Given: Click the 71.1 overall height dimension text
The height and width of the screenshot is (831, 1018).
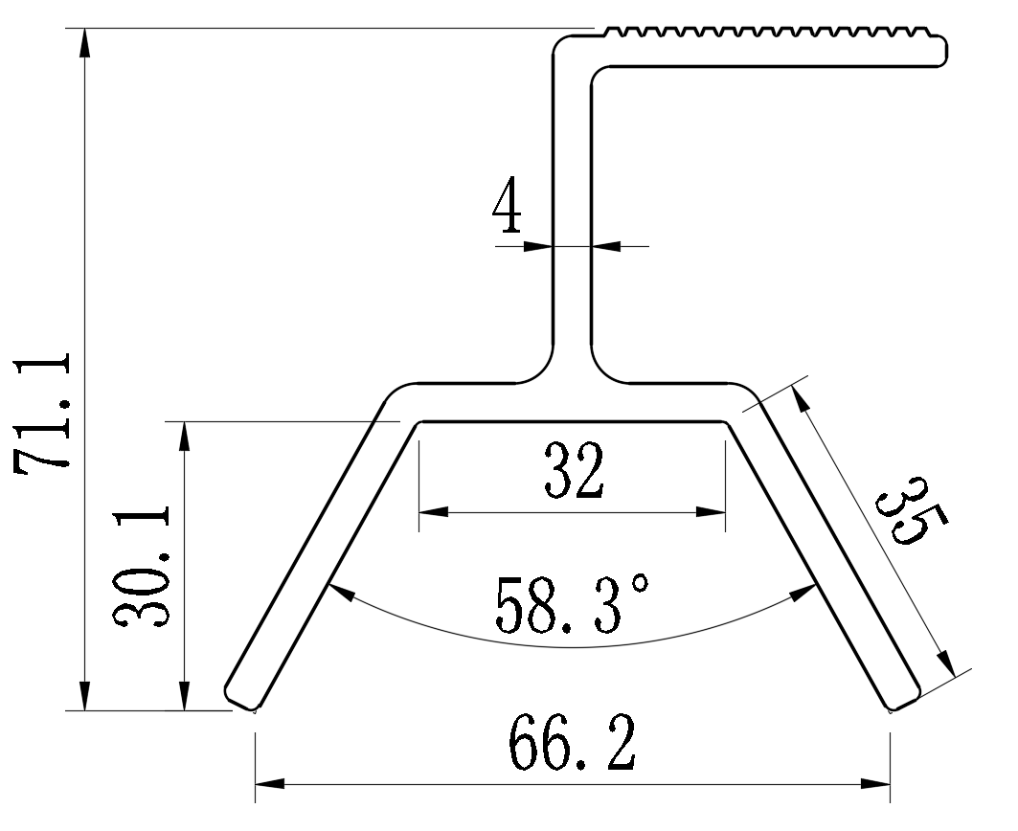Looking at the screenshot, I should (43, 410).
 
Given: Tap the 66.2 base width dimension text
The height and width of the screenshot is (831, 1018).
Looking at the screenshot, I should (572, 743).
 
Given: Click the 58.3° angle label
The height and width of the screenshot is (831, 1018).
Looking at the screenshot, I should (573, 605).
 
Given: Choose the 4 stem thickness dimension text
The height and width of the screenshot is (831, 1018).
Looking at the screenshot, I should (508, 207).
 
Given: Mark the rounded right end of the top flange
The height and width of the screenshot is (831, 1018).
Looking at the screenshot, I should (942, 51).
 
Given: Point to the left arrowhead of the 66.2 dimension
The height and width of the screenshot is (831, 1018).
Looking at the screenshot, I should (268, 784).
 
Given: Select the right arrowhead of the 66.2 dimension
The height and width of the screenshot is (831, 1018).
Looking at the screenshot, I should (877, 784).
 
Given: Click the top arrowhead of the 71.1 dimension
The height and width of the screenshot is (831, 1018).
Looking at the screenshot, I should (85, 42).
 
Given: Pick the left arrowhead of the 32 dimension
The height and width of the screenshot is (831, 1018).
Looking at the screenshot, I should (433, 512).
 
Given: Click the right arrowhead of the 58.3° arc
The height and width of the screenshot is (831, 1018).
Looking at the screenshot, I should (803, 595).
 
